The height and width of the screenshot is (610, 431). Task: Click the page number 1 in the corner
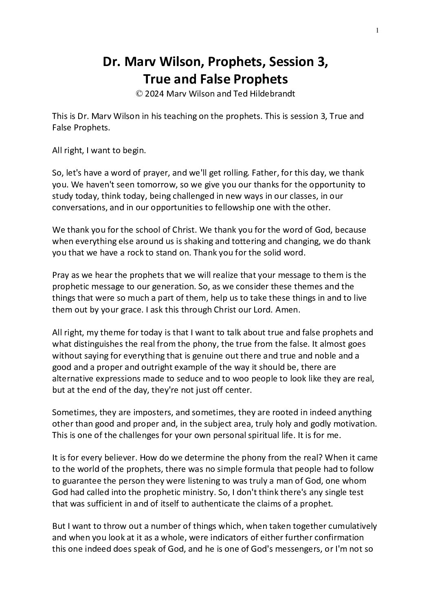pyautogui.click(x=378, y=30)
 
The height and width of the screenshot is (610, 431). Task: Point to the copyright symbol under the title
pyautogui.click(x=139, y=93)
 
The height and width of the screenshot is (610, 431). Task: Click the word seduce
pyautogui.click(x=187, y=378)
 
